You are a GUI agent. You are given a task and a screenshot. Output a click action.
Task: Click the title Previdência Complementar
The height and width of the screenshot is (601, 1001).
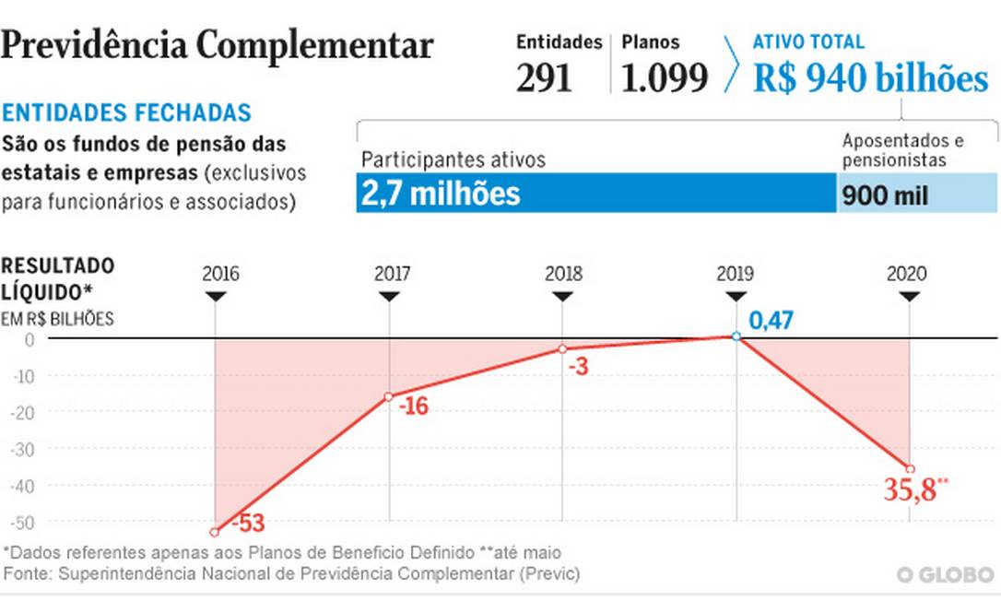[218, 45]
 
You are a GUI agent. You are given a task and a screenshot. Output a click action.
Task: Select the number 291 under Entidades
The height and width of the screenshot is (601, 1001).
[544, 79]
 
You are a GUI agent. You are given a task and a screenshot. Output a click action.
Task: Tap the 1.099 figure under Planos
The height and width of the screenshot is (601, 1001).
[665, 79]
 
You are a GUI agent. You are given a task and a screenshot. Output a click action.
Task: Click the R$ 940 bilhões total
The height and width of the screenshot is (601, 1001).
[870, 79]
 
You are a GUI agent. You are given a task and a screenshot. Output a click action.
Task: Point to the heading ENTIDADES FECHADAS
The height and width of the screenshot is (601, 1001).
[126, 113]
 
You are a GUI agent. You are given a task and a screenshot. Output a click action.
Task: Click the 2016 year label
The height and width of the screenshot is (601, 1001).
[220, 274]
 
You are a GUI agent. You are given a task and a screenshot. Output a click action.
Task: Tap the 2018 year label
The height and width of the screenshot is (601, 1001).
[563, 274]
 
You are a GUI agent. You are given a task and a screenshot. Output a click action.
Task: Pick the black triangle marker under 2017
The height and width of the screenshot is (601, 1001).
[389, 296]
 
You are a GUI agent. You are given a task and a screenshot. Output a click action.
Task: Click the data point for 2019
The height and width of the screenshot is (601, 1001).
[736, 336]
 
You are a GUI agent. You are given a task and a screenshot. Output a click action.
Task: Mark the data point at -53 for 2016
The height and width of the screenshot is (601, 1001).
[215, 532]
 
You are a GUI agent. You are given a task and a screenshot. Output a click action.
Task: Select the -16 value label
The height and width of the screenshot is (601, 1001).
[414, 406]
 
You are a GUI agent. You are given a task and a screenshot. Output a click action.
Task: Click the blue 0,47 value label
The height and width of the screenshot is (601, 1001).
[771, 321]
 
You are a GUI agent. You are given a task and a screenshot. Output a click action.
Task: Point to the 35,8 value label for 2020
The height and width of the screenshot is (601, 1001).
[913, 490]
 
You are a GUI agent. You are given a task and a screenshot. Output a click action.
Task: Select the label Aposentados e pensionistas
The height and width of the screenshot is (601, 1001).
[902, 150]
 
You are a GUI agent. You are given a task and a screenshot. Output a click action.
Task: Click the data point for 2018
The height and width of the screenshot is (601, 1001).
[562, 349]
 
